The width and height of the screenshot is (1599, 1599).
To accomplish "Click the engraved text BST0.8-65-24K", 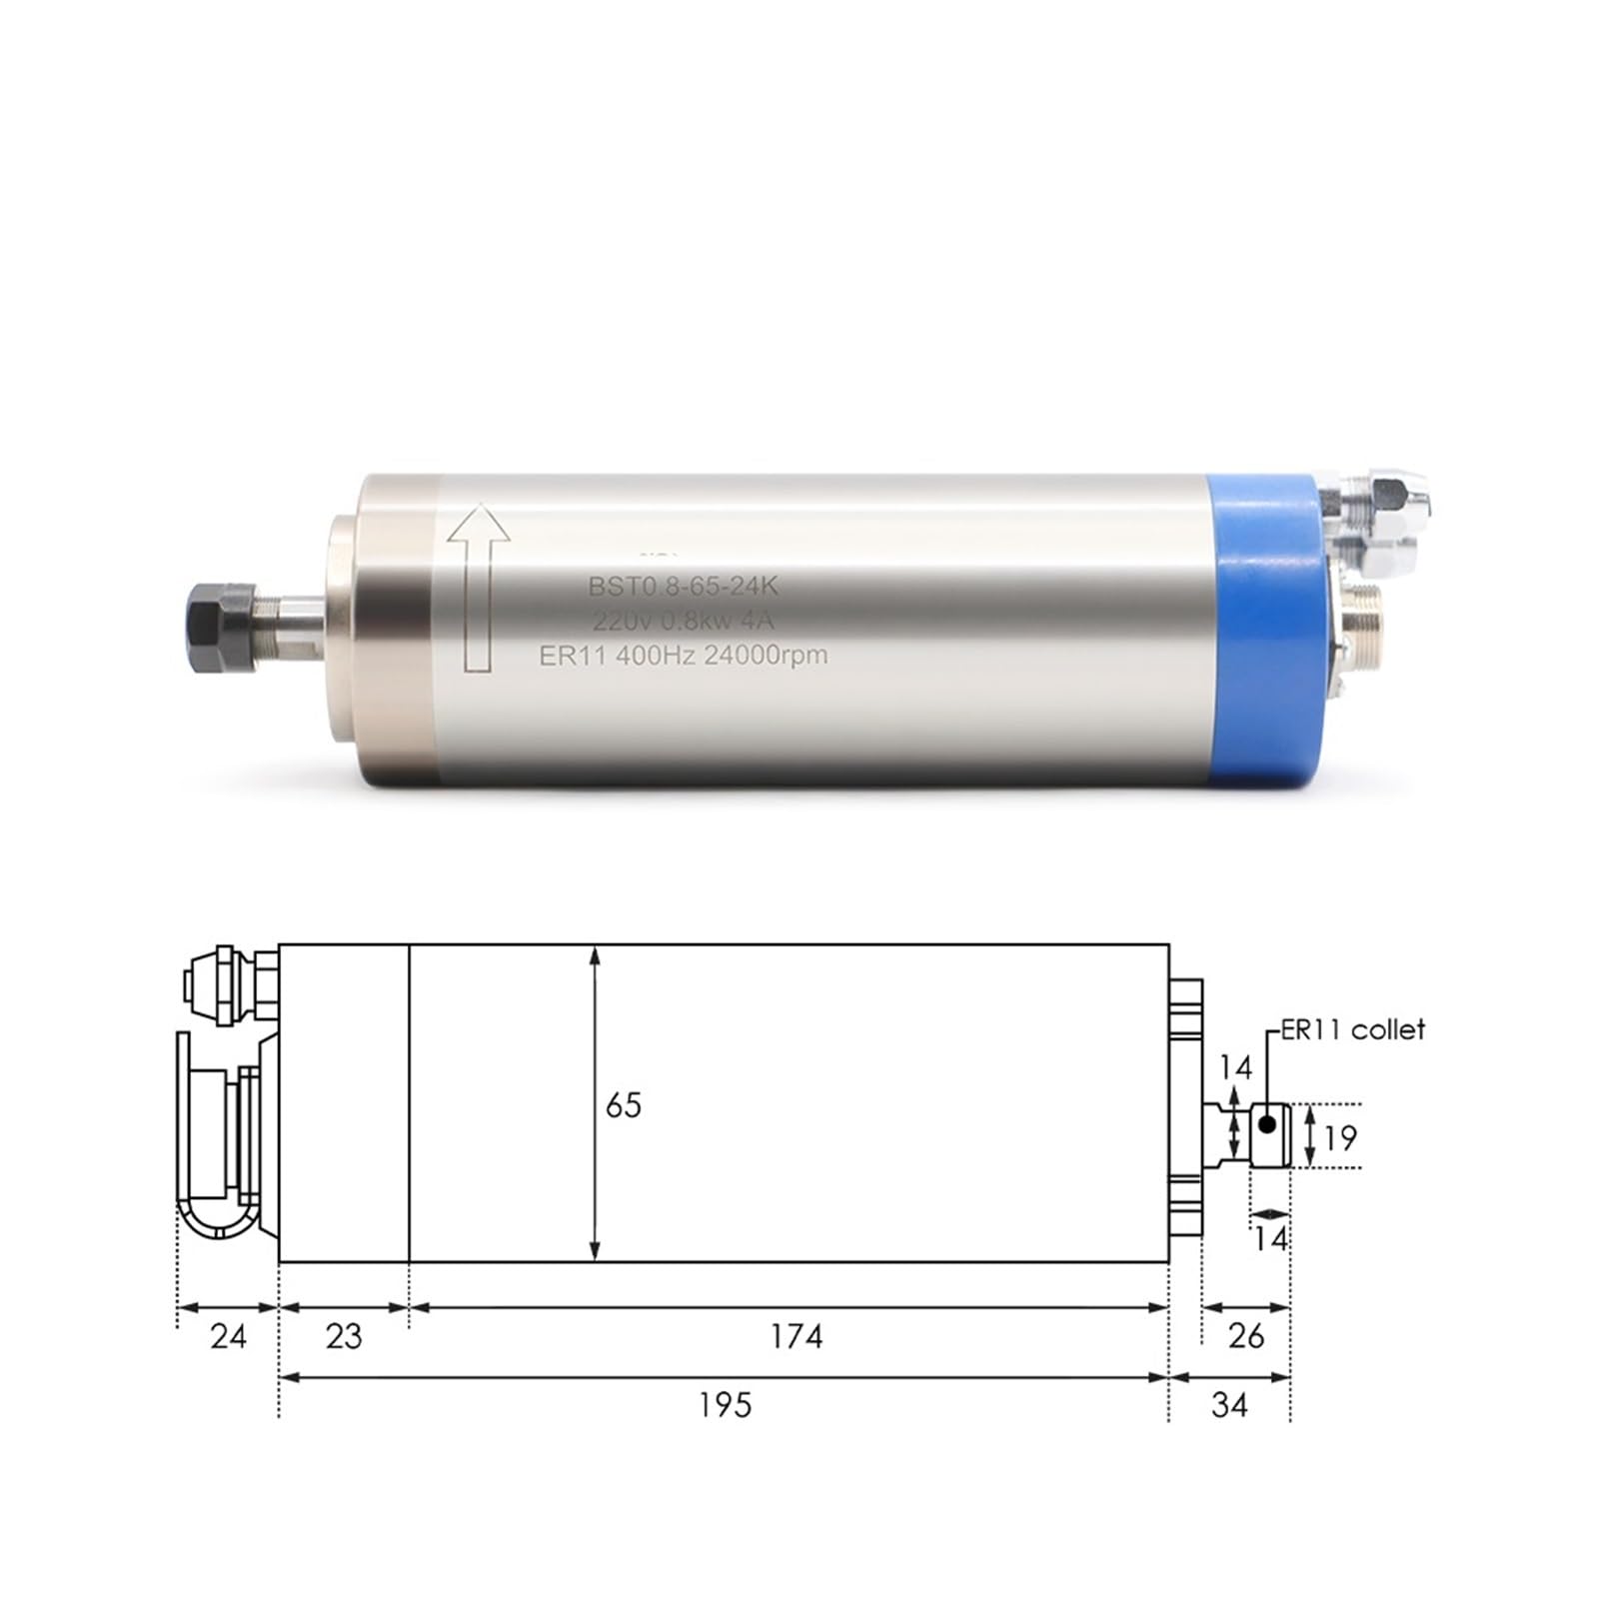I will point(683,587).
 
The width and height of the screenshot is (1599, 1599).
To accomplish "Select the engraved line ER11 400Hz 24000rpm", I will point(683,656).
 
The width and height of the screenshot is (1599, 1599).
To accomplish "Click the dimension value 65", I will point(624,1105).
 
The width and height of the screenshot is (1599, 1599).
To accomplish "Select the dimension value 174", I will point(796,1336).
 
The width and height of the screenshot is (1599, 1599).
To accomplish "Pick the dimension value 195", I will point(725,1405).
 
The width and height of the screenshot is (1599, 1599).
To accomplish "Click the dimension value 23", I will point(344,1336).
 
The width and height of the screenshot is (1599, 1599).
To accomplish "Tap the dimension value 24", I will point(228,1336).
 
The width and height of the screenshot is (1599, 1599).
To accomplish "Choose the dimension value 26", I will point(1245,1336).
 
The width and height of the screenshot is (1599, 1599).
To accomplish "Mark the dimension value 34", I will point(1229,1405).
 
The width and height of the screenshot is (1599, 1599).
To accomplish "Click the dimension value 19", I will point(1340,1137).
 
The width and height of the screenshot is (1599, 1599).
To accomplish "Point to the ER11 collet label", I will point(1353,1029).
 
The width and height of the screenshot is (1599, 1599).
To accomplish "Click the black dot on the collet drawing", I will point(1267,1123).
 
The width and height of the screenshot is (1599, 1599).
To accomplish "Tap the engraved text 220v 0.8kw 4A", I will point(683,622).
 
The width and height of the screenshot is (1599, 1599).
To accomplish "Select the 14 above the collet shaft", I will point(1235,1067).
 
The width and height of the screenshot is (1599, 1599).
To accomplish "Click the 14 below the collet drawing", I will point(1271,1239).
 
